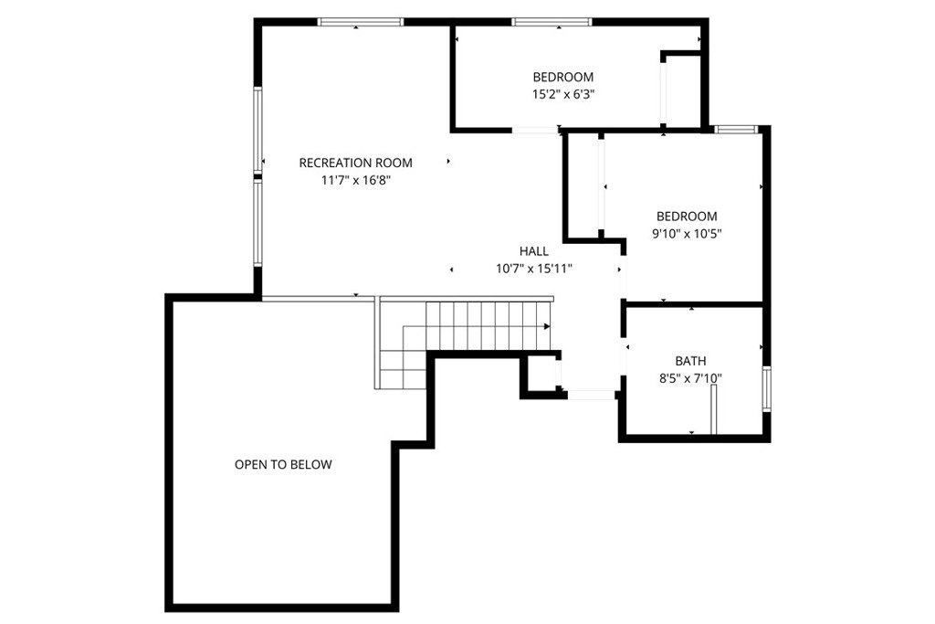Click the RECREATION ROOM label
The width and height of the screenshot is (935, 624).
[x=355, y=163]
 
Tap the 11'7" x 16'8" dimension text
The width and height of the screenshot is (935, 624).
[x=355, y=180]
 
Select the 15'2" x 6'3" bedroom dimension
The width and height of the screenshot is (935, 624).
[x=562, y=94]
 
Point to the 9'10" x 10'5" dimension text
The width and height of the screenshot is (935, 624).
[x=687, y=234]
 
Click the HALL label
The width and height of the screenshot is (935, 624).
[x=533, y=251]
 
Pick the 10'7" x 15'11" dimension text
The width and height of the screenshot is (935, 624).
[x=533, y=269]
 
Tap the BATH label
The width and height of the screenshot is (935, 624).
[x=690, y=361]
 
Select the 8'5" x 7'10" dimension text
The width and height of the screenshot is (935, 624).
[x=690, y=378]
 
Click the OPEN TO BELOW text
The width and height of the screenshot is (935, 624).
[x=283, y=465]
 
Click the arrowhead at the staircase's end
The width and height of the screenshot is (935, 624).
[x=547, y=327]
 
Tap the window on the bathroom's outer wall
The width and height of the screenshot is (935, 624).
[x=767, y=389]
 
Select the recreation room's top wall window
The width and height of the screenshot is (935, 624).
[x=360, y=22]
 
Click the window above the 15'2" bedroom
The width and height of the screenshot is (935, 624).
[x=552, y=22]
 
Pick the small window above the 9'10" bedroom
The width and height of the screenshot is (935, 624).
[x=737, y=129]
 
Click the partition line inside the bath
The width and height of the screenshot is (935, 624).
[x=714, y=410]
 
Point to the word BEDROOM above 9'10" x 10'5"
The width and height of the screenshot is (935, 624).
[x=687, y=217]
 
